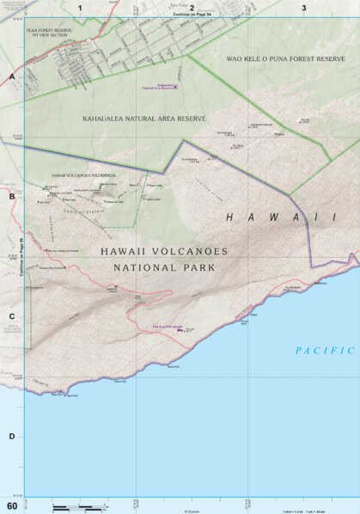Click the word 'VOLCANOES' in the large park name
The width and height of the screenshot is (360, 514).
coord(188,252)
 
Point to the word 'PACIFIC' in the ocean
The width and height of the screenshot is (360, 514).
coord(325,350)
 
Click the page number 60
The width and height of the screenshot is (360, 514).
coord(11,505)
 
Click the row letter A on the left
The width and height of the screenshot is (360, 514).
coord(12,77)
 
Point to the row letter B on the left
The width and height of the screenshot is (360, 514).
coord(12,197)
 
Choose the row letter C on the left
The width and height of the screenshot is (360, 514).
coord(12,316)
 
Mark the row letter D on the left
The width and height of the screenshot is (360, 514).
coord(12,436)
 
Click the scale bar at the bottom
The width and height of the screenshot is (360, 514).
coord(77,508)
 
